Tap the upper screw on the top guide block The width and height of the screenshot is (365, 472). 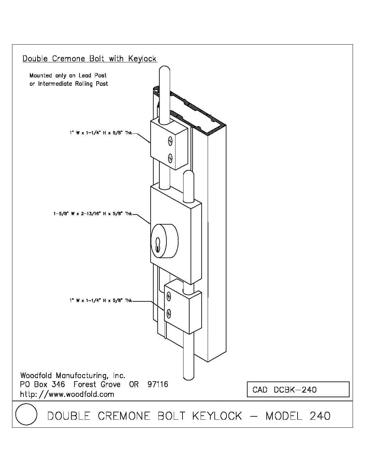click(x=170, y=141)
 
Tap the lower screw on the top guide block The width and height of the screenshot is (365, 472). click(x=170, y=157)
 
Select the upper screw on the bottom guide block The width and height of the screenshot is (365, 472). click(x=169, y=296)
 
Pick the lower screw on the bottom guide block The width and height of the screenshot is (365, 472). click(x=169, y=313)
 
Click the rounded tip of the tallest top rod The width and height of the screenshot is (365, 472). click(x=164, y=71)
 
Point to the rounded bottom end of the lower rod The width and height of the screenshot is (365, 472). click(x=189, y=375)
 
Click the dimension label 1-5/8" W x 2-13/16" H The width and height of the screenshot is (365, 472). click(x=93, y=214)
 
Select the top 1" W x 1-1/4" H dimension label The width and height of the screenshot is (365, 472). click(x=101, y=133)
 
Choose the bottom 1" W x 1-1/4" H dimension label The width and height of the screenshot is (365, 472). click(x=101, y=301)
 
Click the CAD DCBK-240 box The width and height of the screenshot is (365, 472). click(x=298, y=390)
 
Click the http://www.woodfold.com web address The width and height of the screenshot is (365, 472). click(x=67, y=394)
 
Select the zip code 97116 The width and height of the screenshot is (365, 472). click(x=158, y=385)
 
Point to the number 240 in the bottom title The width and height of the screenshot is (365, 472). click(x=320, y=416)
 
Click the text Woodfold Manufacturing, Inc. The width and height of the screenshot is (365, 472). click(x=72, y=375)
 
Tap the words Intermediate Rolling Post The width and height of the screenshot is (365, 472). click(x=73, y=84)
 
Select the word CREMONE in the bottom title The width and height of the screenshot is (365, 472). click(x=124, y=416)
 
